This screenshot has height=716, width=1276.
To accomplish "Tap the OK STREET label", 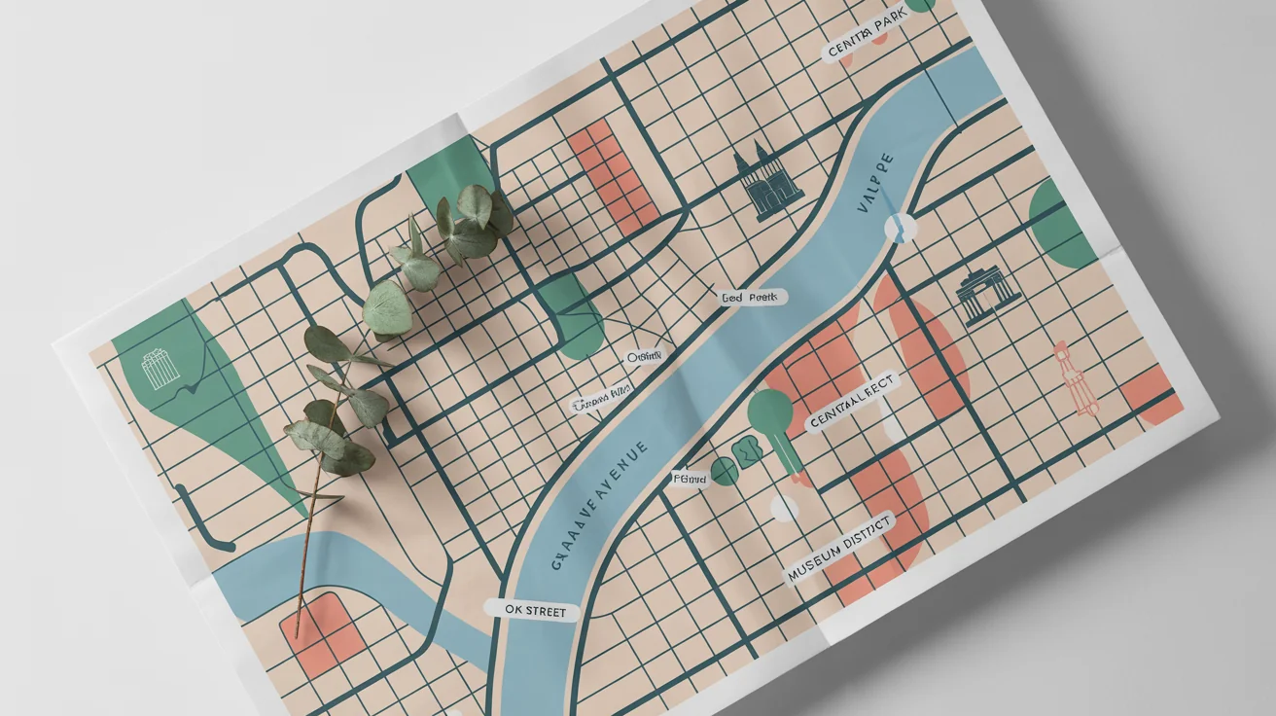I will (531, 611).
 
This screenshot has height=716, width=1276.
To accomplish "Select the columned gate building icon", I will (988, 296).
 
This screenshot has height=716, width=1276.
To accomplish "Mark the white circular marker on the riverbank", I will (901, 228).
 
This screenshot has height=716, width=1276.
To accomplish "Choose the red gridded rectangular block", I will (614, 175).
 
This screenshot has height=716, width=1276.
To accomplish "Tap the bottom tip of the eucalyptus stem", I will (297, 610).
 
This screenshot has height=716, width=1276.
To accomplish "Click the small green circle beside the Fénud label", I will (724, 472).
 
